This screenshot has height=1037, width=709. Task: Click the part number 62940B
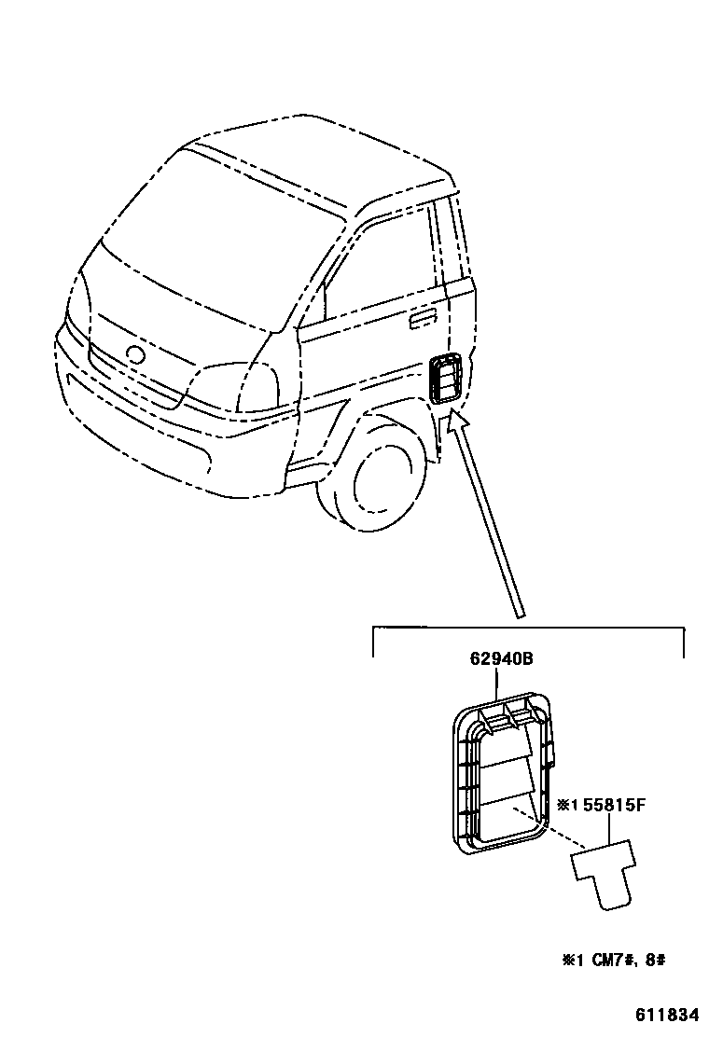pyautogui.click(x=501, y=659)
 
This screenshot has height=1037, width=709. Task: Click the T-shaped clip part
pyautogui.click(x=603, y=871)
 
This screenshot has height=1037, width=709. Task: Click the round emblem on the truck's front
pyautogui.click(x=134, y=355)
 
